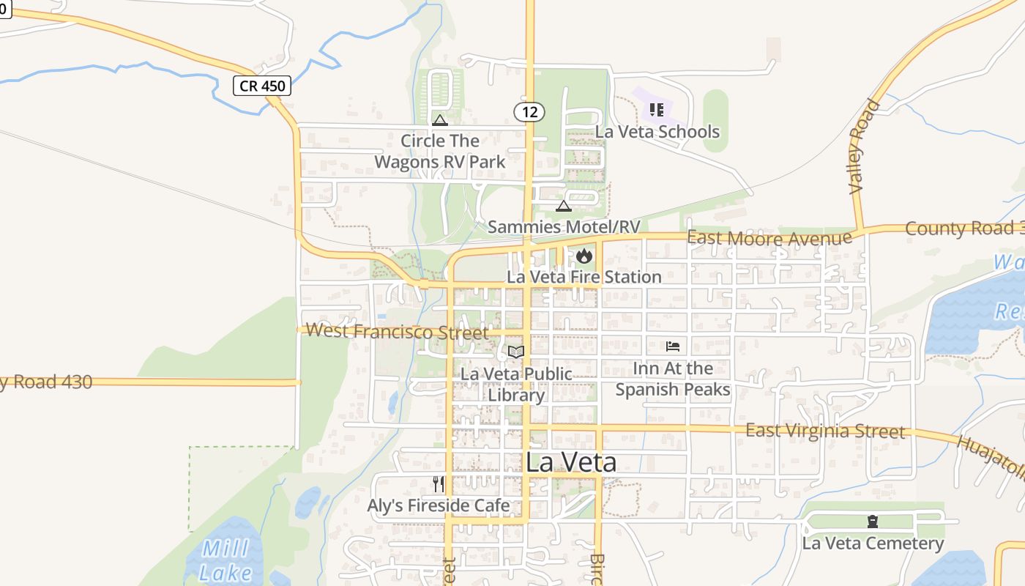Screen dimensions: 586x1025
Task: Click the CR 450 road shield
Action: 263,86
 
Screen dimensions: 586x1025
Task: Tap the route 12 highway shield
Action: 529,112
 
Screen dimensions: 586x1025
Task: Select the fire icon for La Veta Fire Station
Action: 584,256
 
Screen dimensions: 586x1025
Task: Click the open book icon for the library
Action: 516,352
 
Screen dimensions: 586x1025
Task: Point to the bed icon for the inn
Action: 673,346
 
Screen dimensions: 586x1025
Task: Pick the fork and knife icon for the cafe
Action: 439,483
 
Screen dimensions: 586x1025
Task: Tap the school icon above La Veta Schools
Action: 657,110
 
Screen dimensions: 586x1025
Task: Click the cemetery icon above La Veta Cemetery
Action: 873,522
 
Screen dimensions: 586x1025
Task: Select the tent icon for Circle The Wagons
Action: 440,120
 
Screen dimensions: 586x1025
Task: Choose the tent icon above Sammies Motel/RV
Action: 563,206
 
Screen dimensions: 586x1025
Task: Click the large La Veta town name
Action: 571,462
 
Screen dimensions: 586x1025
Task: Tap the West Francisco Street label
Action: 397,331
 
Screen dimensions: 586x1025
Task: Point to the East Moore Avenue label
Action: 769,238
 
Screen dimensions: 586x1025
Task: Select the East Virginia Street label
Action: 825,430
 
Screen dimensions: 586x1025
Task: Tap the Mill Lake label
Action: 226,560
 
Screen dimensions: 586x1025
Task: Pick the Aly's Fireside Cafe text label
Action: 439,505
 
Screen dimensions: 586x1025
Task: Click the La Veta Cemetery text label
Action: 873,544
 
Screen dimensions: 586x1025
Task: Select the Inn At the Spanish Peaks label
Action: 673,379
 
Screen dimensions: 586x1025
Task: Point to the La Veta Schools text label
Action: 657,132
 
